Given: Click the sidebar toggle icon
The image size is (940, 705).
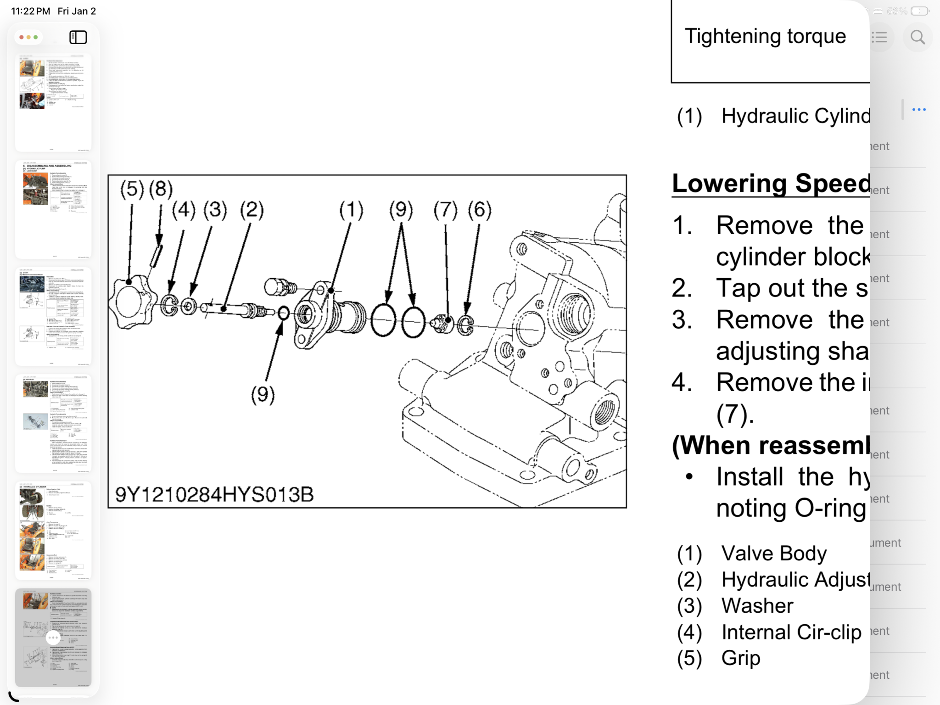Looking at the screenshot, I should click(x=78, y=37).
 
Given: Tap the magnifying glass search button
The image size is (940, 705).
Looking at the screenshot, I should click(x=918, y=37).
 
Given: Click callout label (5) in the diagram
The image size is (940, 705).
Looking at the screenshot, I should click(x=132, y=189).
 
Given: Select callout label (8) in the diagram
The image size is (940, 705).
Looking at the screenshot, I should click(x=161, y=189).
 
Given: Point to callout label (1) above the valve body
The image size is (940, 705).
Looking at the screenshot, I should click(x=351, y=210).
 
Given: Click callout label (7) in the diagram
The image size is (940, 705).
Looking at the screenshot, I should click(x=445, y=210).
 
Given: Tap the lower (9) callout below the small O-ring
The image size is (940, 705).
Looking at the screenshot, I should click(x=263, y=395).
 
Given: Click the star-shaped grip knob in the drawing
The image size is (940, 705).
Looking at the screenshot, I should click(x=128, y=302).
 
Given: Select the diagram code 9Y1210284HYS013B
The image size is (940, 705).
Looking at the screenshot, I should click(x=214, y=494).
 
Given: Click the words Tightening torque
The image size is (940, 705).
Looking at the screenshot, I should click(x=765, y=36).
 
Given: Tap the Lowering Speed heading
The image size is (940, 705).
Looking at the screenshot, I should click(x=771, y=184).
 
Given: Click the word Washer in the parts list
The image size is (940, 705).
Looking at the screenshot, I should click(x=757, y=606).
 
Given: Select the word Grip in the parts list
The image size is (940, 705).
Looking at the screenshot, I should click(x=741, y=658).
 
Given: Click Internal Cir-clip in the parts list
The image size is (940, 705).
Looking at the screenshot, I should click(x=791, y=632).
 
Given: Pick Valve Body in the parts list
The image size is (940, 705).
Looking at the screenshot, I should click(x=774, y=554).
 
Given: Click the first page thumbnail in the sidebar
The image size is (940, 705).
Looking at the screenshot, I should click(x=53, y=102).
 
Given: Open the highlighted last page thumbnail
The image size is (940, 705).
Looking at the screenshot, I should click(x=53, y=638).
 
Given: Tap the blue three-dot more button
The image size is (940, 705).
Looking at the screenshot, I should click(x=919, y=110).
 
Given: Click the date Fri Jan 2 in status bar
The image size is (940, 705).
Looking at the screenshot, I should click(x=77, y=11).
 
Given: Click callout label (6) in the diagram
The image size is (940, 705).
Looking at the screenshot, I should click(x=480, y=210).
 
